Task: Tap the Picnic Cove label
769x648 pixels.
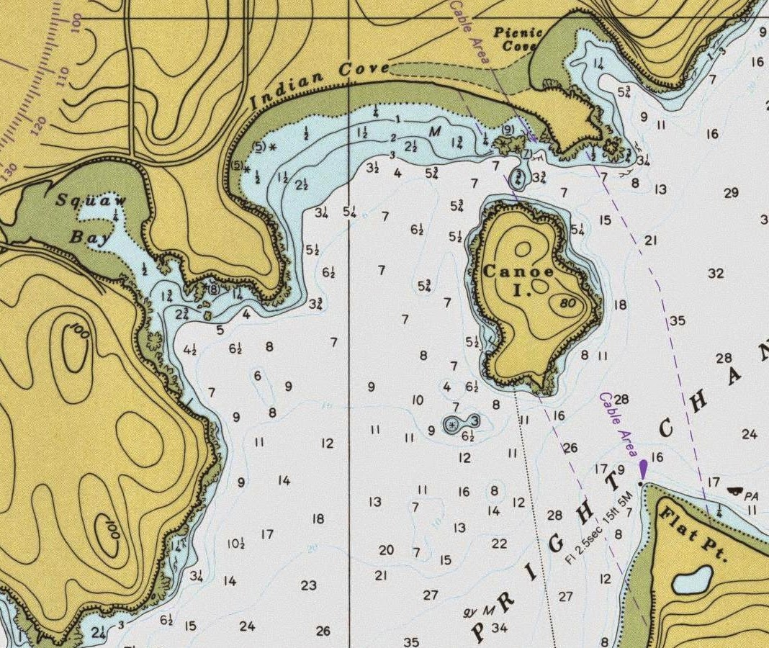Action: pos(516,39)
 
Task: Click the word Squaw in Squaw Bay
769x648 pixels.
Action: pos(91,201)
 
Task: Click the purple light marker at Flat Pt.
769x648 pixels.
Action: pos(643,469)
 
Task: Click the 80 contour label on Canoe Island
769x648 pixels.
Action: pos(567,303)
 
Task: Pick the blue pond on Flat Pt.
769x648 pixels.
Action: pos(693,578)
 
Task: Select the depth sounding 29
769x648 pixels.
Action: pos(731,193)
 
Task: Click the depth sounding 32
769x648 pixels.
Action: pos(715,274)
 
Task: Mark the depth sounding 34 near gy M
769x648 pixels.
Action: pos(499,628)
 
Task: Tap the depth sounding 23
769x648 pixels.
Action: pos(309,585)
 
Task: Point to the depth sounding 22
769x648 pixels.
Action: pos(499,544)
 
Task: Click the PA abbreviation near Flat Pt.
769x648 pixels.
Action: pos(752,495)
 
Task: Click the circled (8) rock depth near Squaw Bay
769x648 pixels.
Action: pos(213,289)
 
